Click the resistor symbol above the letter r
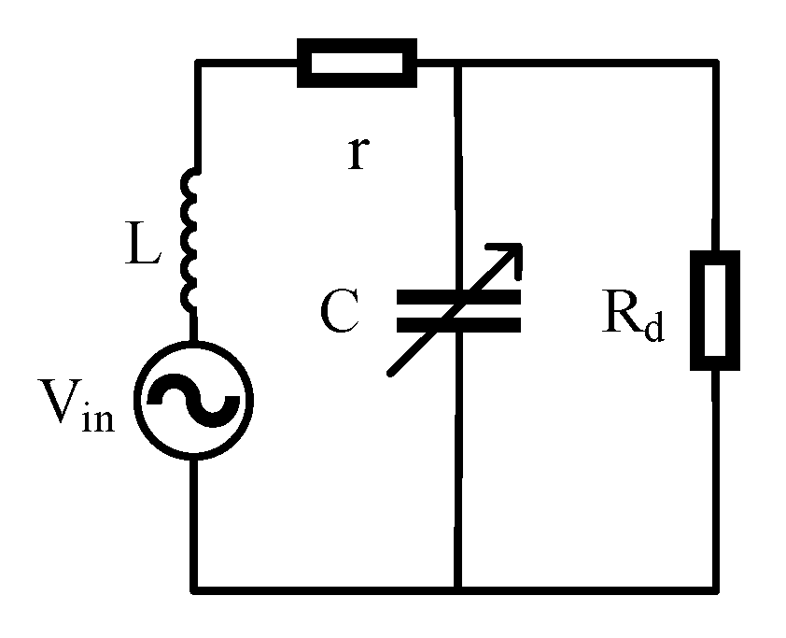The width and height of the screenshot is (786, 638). (x=356, y=63)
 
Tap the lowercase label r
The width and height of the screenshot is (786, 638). (x=356, y=154)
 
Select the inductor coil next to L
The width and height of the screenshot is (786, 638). (x=191, y=240)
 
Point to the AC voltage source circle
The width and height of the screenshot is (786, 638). (x=194, y=399)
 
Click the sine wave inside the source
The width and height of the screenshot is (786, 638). (x=194, y=399)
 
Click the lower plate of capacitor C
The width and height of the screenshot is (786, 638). (x=457, y=324)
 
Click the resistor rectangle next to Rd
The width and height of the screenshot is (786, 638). (x=715, y=309)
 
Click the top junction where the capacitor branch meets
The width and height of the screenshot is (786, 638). (x=457, y=63)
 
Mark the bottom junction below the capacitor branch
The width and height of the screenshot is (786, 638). (x=457, y=588)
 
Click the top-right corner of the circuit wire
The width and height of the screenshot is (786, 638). (x=716, y=63)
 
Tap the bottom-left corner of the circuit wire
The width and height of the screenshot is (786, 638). (x=194, y=588)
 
